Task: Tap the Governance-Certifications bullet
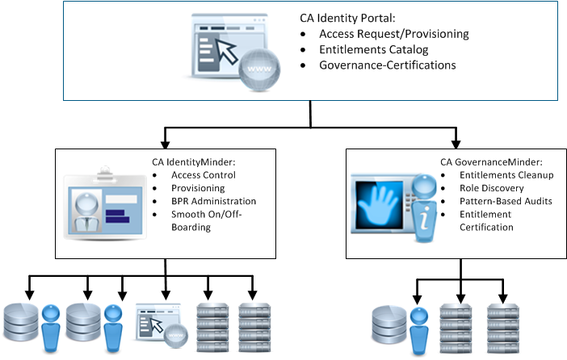point(388,65)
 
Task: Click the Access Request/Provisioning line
point(393,35)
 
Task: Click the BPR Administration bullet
point(213,201)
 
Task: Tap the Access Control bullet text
point(204,175)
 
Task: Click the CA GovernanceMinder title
point(486,161)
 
